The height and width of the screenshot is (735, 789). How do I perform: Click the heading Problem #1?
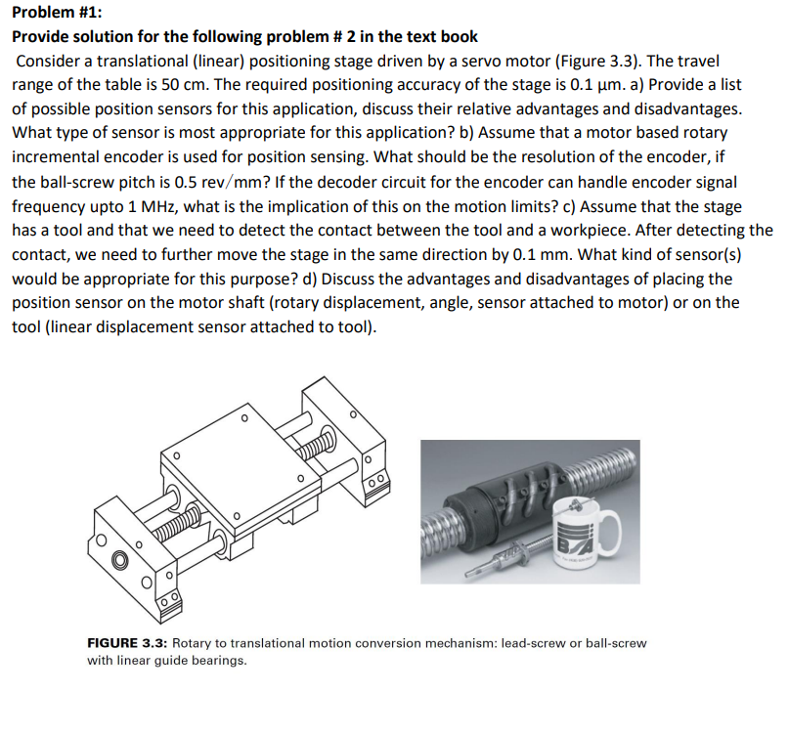point(54,13)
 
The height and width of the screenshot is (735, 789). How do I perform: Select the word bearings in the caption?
point(217,660)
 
